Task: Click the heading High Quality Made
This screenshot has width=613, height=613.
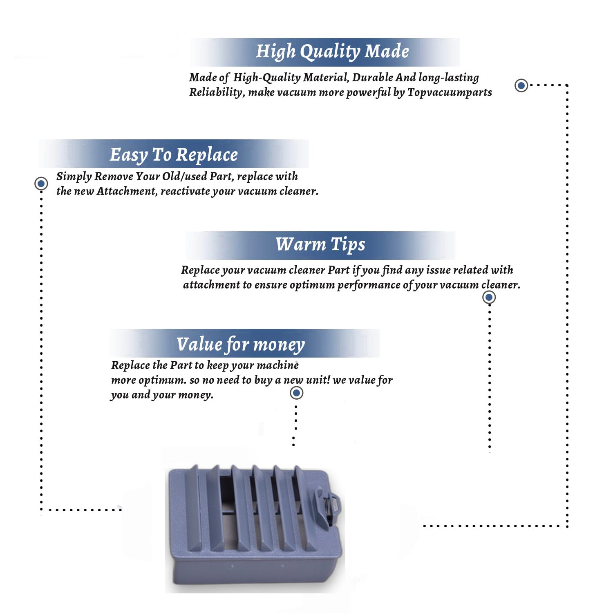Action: pos(332,52)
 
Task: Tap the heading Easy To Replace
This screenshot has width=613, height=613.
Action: pos(174,155)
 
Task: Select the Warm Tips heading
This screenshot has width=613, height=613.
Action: pos(320,245)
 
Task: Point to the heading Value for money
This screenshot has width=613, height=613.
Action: pos(241,345)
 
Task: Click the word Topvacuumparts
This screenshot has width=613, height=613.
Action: pos(450,93)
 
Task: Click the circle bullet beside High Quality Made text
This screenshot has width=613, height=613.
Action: pos(521,85)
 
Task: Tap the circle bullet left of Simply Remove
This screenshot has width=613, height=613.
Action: pos(41,183)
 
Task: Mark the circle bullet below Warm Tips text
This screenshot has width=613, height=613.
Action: pos(489,297)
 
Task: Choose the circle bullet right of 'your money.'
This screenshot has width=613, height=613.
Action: pos(296,393)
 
